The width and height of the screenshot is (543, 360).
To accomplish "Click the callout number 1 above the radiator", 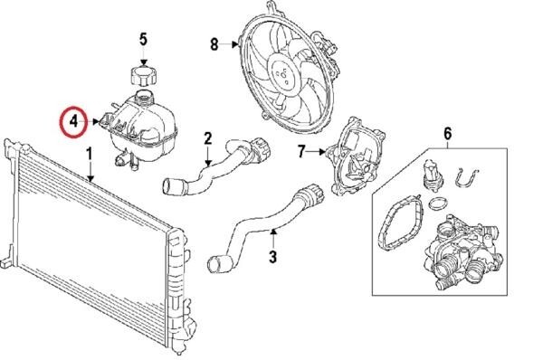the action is click(90, 154).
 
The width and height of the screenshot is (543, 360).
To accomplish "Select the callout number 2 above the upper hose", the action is click(208, 138).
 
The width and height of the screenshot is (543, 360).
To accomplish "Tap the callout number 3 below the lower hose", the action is click(273, 257).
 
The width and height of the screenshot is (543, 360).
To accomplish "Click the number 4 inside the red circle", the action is click(74, 121).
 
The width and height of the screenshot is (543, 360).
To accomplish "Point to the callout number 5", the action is click(143, 39).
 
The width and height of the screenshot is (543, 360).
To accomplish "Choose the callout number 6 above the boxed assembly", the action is click(447, 134).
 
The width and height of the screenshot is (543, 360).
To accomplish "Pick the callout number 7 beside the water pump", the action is click(301, 151).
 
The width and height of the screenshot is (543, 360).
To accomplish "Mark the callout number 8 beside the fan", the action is click(214, 44).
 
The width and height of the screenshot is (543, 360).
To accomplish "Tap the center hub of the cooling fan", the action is click(283, 74).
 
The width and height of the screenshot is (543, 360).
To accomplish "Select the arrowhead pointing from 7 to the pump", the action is click(323, 151).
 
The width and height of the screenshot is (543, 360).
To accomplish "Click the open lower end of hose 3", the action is click(214, 263).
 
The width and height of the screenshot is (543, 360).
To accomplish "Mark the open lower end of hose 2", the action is click(169, 186).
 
